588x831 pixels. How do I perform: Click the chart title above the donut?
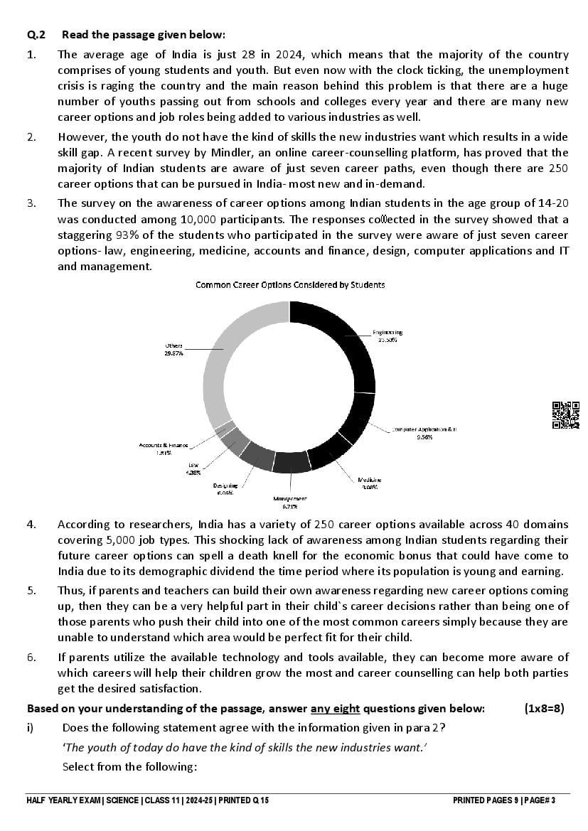click(x=290, y=284)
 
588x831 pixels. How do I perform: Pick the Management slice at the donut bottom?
click(x=292, y=462)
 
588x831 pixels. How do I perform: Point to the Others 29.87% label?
click(x=173, y=349)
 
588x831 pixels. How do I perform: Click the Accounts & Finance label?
click(x=164, y=449)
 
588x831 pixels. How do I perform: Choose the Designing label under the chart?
click(x=225, y=488)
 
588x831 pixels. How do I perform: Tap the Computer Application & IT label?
click(x=424, y=433)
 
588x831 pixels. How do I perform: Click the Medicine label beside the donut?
click(x=370, y=484)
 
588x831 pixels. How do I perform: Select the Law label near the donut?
click(x=193, y=468)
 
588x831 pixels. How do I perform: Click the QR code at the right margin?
click(x=566, y=415)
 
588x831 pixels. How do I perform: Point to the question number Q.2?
click(x=36, y=34)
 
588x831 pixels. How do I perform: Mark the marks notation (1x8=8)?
click(x=544, y=708)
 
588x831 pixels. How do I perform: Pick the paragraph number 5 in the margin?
click(x=31, y=591)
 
